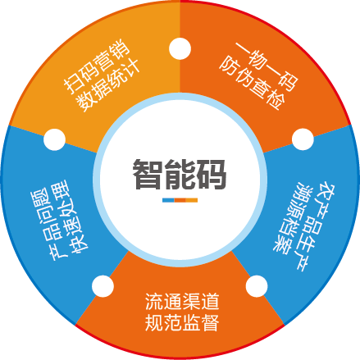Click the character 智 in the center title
click(147, 174)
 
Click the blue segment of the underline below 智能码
click(168, 200)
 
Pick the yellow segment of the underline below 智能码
click(192, 200)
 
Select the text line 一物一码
click(267, 66)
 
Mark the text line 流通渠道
click(182, 302)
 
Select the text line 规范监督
click(182, 323)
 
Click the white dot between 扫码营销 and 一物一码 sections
click(180, 48)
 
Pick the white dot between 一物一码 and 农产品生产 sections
click(303, 139)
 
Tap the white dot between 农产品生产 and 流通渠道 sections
click(257, 286)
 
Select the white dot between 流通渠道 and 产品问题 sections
click(103, 286)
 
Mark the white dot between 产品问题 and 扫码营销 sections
click(55, 139)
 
